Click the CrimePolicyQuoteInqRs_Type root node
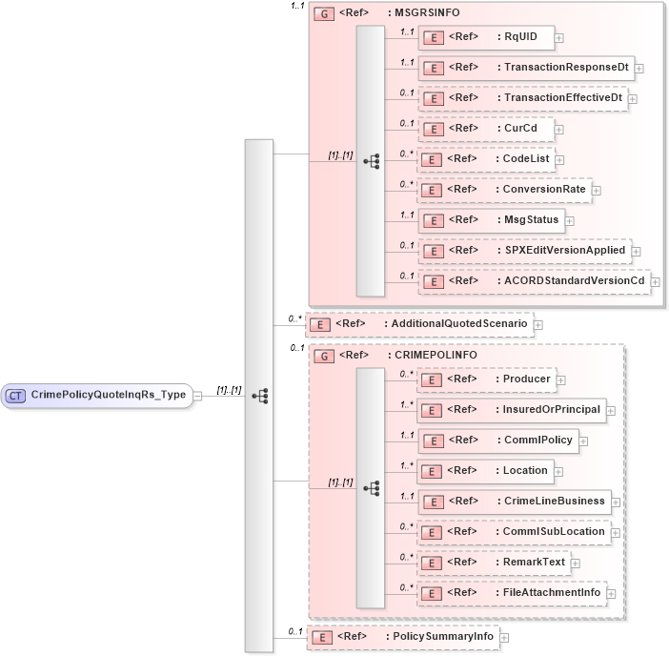[x=99, y=395]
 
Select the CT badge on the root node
[x=16, y=395]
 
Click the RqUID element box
[x=486, y=37]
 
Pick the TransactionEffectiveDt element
[x=523, y=98]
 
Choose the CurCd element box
[x=487, y=129]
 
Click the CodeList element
[x=486, y=159]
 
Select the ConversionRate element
[x=504, y=190]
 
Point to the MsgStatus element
[x=491, y=220]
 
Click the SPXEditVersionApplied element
[x=524, y=251]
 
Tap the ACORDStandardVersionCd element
[x=534, y=281]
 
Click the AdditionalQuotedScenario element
[x=419, y=324]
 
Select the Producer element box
[x=486, y=379]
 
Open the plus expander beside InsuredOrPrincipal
[x=611, y=411]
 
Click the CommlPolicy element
[x=498, y=441]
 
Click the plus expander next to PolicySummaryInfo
[x=504, y=637]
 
